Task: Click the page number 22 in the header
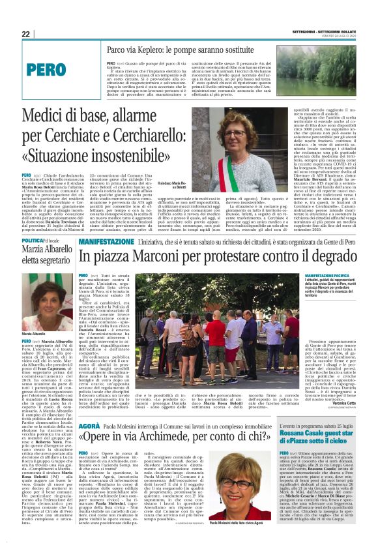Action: pos(26,35)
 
